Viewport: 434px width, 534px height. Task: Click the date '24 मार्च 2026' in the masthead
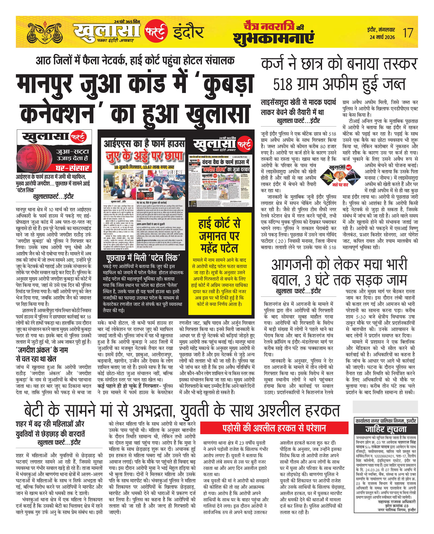(382, 37)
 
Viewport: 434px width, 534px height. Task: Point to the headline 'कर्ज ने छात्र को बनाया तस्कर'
(339, 64)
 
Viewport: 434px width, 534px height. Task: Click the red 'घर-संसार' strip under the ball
(73, 167)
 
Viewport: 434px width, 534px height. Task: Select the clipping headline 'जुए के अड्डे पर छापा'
(144, 156)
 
